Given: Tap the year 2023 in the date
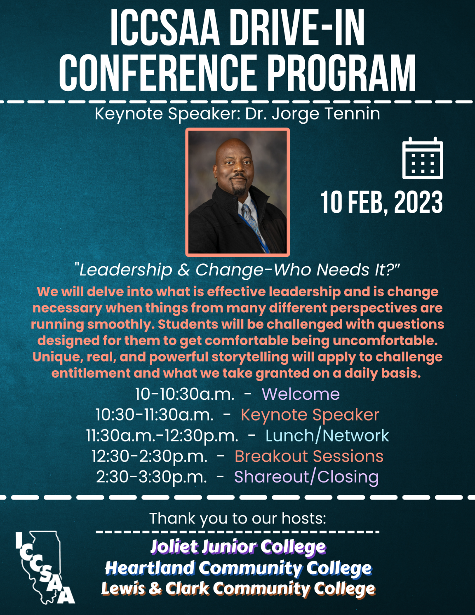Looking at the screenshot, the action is pyautogui.click(x=419, y=203).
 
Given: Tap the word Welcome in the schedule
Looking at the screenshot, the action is pyautogui.click(x=301, y=394).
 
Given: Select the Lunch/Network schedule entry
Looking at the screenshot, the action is pyautogui.click(x=327, y=435).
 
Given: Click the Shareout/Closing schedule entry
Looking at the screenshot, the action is pyautogui.click(x=306, y=477).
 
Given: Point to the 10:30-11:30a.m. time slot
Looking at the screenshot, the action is pyautogui.click(x=155, y=415).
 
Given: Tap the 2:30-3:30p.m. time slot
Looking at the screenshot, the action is pyautogui.click(x=151, y=477).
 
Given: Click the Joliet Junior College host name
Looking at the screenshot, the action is pyautogui.click(x=238, y=547).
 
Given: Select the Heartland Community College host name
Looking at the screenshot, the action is pyautogui.click(x=238, y=568).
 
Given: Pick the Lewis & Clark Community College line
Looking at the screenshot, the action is pyautogui.click(x=238, y=589).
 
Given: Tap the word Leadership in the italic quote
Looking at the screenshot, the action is pyautogui.click(x=126, y=270).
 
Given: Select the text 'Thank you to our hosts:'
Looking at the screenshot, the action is pyautogui.click(x=238, y=518).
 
